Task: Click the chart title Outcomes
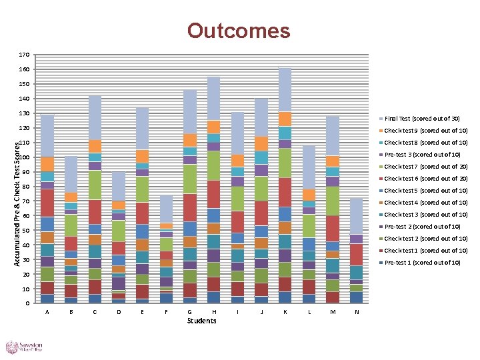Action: point(239,31)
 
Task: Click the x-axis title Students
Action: point(201,321)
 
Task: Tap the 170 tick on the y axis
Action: point(23,55)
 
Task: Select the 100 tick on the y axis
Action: point(23,157)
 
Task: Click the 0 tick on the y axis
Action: point(27,304)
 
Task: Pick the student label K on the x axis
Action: point(285,312)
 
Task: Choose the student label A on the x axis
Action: point(47,312)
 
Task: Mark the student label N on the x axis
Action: point(357,312)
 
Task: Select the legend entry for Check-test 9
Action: point(425,131)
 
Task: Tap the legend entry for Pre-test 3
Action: point(422,155)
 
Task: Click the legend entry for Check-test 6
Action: point(425,179)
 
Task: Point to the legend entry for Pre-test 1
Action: point(422,263)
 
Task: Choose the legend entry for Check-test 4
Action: point(425,203)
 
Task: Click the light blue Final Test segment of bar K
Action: point(285,89)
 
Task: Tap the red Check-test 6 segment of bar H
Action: point(213,194)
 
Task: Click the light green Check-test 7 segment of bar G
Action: point(190,179)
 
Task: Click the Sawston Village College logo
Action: point(25,347)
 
